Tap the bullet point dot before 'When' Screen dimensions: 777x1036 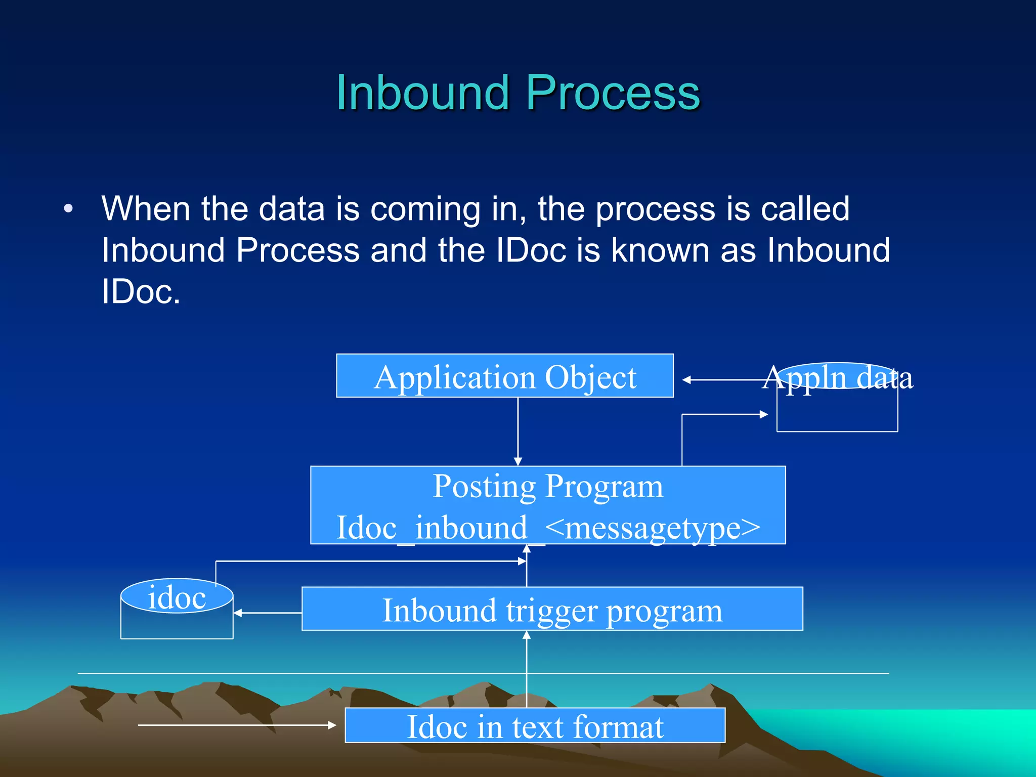point(69,209)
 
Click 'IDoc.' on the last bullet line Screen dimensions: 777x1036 point(141,292)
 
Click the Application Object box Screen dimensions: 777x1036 point(504,376)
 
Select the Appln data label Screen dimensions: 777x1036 point(837,378)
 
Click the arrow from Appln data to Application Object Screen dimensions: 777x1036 point(723,379)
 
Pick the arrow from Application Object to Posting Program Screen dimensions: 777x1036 point(517,430)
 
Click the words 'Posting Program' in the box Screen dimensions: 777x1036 point(548,487)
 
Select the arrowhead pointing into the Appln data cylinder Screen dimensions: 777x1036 point(764,414)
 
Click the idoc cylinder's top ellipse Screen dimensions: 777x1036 point(177,596)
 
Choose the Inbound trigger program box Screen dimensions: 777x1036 point(552,609)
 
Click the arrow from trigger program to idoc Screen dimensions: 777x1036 point(268,613)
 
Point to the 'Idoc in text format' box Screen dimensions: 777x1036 point(535,725)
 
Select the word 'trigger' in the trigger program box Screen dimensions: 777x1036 point(552,611)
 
